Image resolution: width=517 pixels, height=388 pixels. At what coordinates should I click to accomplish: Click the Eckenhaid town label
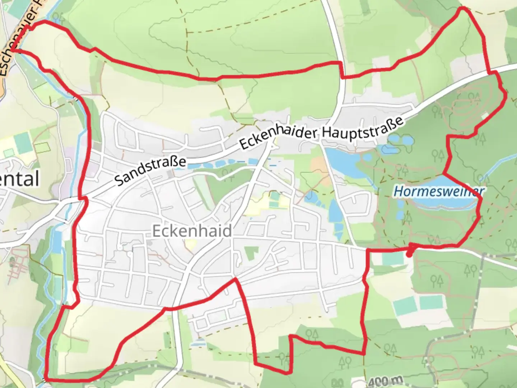click(x=192, y=231)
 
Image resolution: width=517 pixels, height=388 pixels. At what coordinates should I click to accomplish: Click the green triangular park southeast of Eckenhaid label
click(x=251, y=253)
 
